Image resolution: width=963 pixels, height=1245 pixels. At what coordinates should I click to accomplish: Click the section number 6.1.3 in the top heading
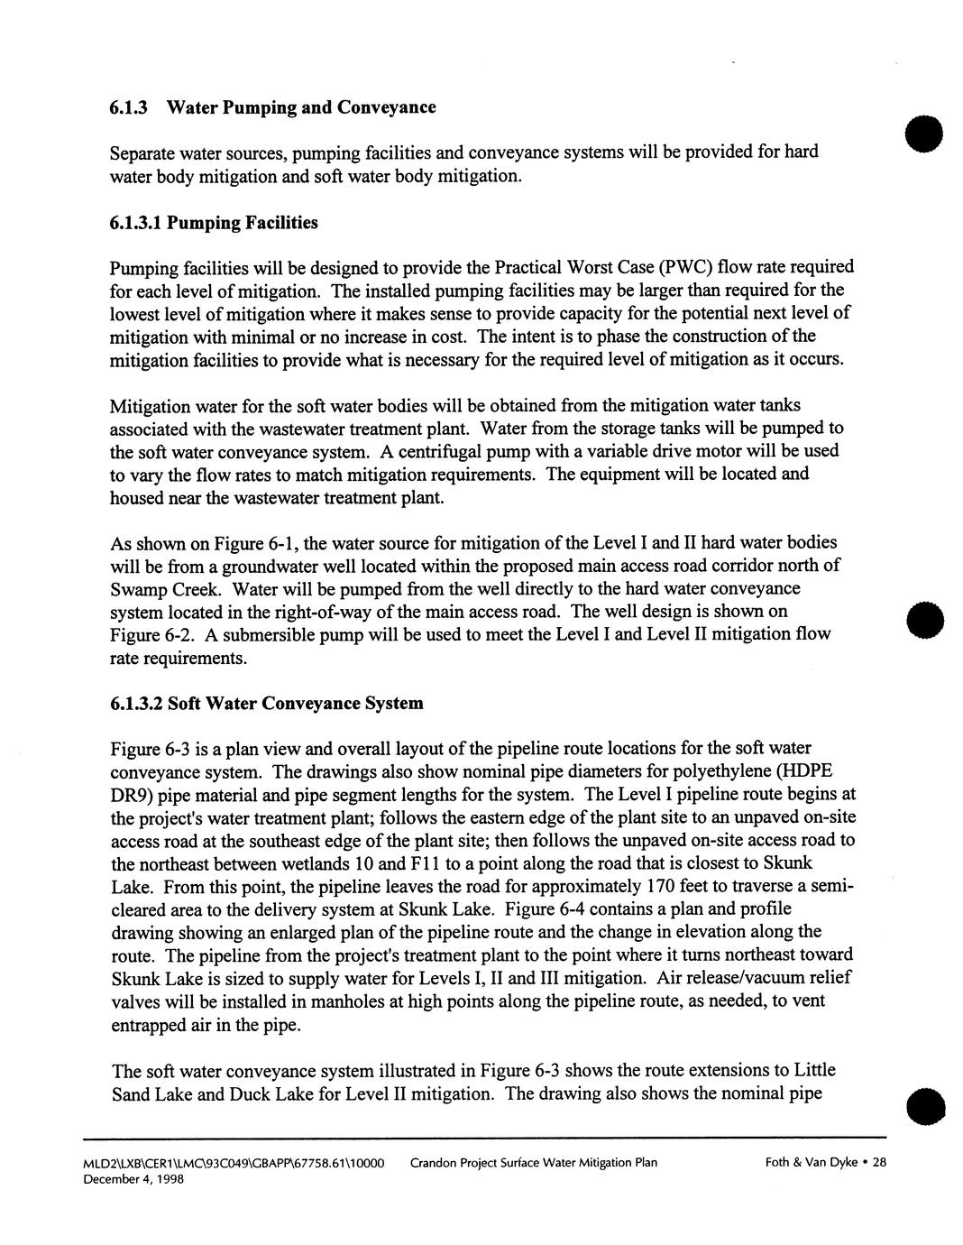pos(128,108)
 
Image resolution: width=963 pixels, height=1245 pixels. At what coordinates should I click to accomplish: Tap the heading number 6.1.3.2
pos(136,704)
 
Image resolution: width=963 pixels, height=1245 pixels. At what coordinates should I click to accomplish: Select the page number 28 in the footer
pos(879,1163)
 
